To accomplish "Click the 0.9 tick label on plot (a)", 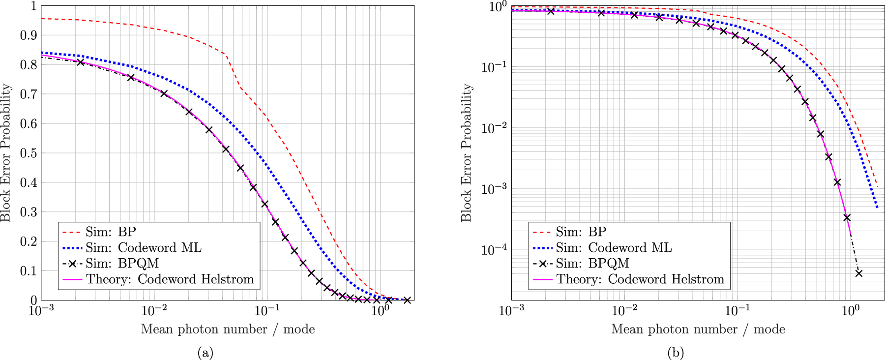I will tap(29, 35).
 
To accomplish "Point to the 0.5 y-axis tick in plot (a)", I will tap(29, 153).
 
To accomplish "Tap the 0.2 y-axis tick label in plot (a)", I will tap(29, 241).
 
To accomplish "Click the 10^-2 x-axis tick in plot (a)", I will tap(154, 311).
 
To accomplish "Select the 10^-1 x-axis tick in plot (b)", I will tap(737, 311).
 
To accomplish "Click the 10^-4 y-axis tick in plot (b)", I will tap(494, 250).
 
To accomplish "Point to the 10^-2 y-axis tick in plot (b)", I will tap(494, 128).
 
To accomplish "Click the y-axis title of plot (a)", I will tap(6, 152).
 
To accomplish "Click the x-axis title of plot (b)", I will tap(698, 329).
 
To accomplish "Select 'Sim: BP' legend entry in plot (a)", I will tap(111, 232).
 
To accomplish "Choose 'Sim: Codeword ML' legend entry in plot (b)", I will tap(614, 247).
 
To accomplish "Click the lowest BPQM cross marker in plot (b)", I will tap(858, 273).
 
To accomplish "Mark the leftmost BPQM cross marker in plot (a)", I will tap(80, 62).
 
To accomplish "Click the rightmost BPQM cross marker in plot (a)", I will tap(407, 300).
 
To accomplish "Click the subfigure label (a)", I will tap(205, 352).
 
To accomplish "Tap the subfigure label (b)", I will tap(676, 352).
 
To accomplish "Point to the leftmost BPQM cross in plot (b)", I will tap(551, 11).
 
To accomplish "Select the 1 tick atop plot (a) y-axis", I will tap(33, 6).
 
